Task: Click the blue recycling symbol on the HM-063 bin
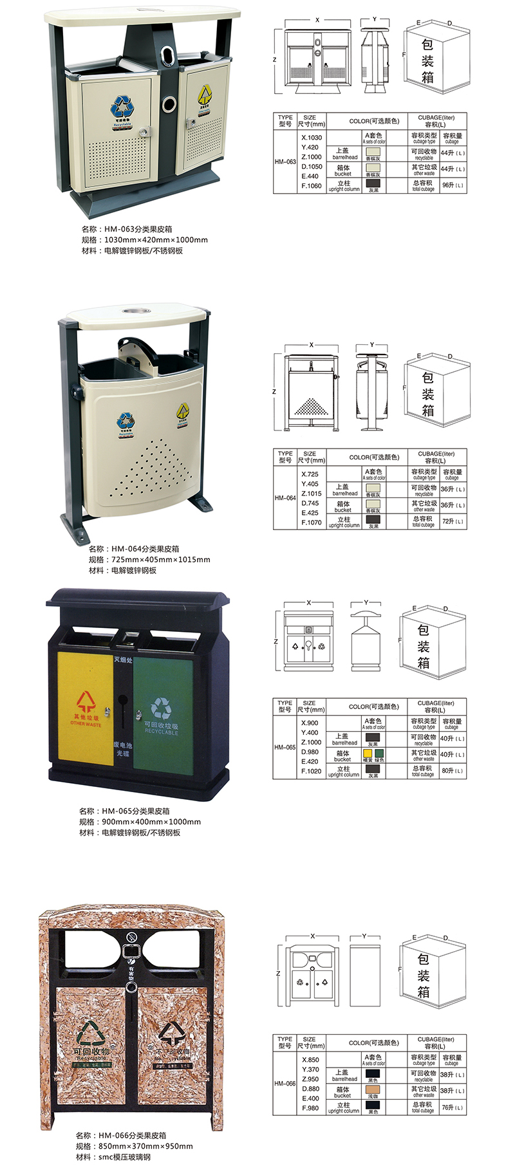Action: (x=122, y=106)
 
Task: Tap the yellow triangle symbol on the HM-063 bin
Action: (x=204, y=95)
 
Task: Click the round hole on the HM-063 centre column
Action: (x=169, y=103)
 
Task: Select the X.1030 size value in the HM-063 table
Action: (x=312, y=138)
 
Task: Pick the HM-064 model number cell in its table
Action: (x=285, y=497)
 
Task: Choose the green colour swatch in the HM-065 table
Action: (x=380, y=753)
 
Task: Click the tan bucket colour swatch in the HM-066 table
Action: (x=373, y=1090)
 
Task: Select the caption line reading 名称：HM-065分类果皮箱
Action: (x=124, y=811)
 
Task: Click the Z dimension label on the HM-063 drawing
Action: (x=275, y=60)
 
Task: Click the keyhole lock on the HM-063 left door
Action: (x=145, y=131)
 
